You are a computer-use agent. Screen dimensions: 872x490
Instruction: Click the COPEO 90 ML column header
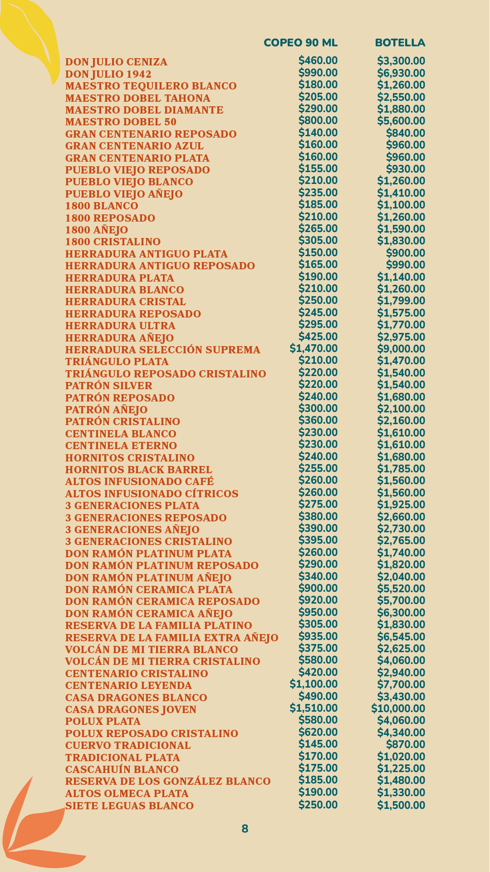point(300,43)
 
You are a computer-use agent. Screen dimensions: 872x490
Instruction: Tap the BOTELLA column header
point(400,43)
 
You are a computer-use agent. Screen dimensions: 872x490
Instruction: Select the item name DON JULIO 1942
point(108,74)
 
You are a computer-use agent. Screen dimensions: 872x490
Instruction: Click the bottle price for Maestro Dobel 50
point(401,121)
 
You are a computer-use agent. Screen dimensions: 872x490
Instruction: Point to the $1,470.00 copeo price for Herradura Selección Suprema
point(314,348)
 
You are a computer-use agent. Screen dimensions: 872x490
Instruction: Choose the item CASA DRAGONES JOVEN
point(131,709)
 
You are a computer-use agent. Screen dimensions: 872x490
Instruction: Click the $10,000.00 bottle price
point(398,708)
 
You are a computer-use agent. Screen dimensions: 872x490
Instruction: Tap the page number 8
point(245,828)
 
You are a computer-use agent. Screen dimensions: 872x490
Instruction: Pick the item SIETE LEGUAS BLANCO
point(129,806)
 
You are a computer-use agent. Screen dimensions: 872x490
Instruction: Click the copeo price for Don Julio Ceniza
point(318,60)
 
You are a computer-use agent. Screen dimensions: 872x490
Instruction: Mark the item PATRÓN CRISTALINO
point(122,421)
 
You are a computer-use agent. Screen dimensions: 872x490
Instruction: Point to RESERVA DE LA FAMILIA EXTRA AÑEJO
point(171,638)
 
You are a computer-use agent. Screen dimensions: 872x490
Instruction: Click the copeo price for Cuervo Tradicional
point(318,744)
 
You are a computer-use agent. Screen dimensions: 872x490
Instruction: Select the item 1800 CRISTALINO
point(113,242)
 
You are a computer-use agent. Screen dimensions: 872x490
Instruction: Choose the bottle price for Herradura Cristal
point(401,301)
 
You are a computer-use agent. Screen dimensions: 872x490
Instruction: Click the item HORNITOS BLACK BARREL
point(138,470)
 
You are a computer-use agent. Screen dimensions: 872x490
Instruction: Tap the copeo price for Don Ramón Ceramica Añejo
point(318,612)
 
